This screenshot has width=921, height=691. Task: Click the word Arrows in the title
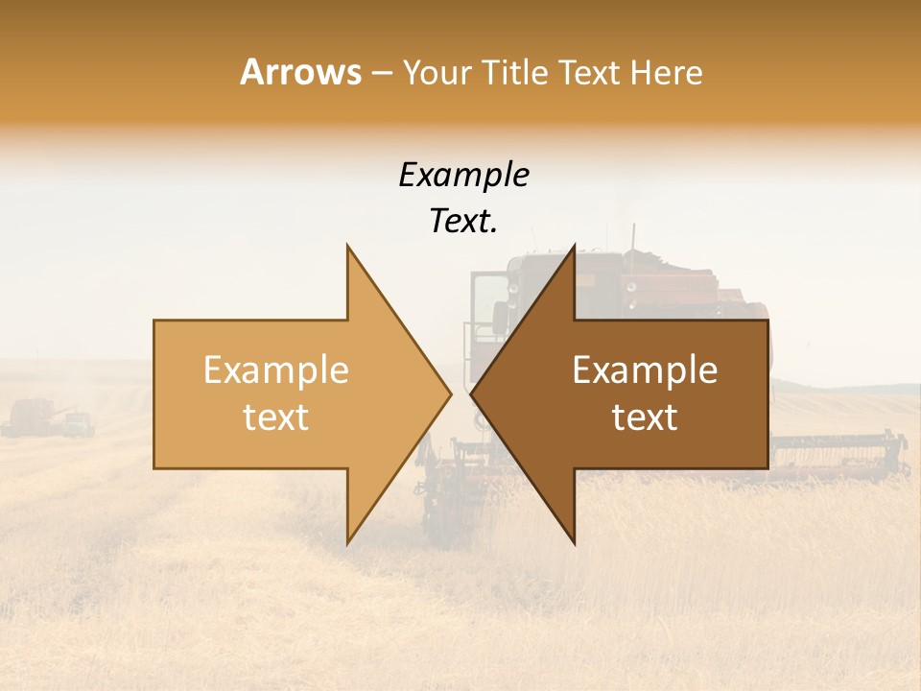(x=300, y=72)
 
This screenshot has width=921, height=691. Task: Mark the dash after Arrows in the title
(x=382, y=74)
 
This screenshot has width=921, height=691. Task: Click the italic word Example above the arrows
(x=463, y=176)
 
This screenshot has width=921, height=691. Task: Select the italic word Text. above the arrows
(x=463, y=222)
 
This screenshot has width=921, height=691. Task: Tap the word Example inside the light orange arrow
(x=276, y=370)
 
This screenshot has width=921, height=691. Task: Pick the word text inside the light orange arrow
(x=276, y=417)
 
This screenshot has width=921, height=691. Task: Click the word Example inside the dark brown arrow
(x=645, y=370)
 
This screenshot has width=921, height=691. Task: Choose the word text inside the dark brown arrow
(x=645, y=417)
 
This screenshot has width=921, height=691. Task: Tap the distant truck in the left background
(x=79, y=423)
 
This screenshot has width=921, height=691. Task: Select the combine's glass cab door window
(x=488, y=305)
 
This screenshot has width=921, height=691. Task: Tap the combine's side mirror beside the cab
(x=500, y=315)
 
